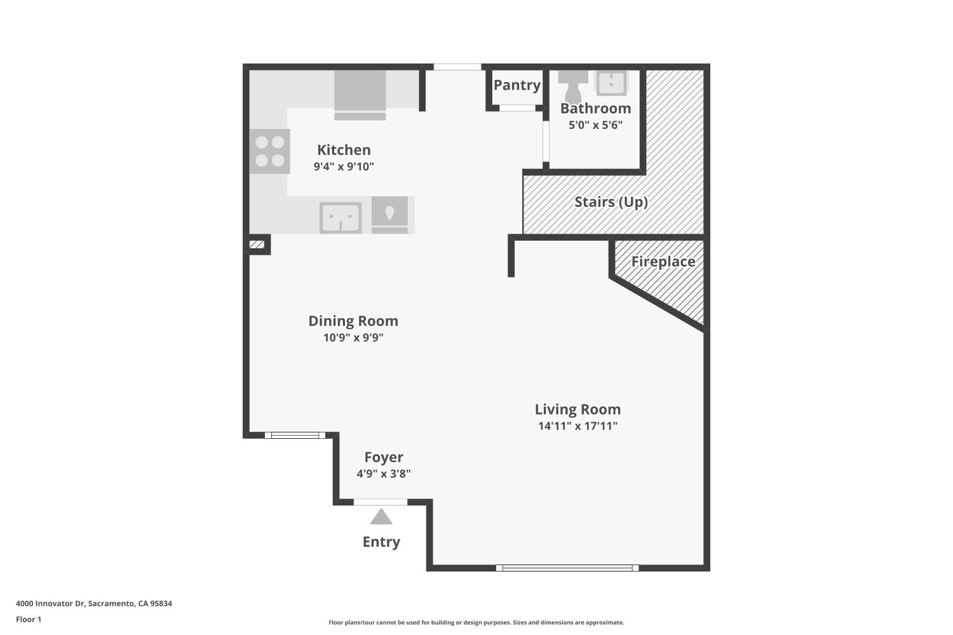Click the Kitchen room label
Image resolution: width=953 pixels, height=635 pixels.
[x=344, y=150]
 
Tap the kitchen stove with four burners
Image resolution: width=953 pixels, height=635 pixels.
[x=269, y=151]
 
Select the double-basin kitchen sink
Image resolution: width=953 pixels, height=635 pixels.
[x=341, y=218]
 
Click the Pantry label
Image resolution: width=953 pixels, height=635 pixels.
[x=517, y=85]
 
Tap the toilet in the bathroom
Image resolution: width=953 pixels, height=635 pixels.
[x=572, y=86]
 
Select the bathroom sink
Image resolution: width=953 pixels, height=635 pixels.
[x=611, y=83]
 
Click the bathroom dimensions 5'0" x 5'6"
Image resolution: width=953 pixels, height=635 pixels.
[x=595, y=125]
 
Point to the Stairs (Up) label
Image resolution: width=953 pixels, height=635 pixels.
[x=611, y=202]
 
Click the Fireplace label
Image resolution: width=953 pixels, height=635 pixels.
[x=663, y=262]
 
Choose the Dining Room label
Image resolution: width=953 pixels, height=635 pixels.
[x=353, y=321]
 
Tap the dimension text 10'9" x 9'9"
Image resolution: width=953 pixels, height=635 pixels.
[x=353, y=338]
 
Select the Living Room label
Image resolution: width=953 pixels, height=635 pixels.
[x=578, y=410]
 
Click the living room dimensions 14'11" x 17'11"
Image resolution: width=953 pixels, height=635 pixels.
[x=578, y=426]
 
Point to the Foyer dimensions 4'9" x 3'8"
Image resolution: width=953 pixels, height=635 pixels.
[x=384, y=474]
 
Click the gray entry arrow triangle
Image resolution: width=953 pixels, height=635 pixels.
[x=381, y=518]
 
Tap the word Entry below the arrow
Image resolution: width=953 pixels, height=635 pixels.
[x=381, y=542]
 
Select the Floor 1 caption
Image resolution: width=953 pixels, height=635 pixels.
[x=29, y=619]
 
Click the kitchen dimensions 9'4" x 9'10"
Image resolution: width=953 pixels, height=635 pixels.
[x=344, y=167]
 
